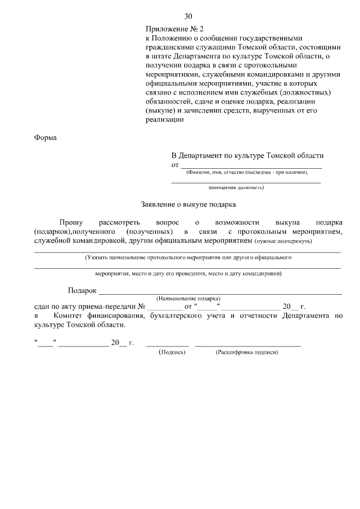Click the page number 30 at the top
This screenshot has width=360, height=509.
(188, 16)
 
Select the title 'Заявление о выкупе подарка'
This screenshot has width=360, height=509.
(188, 205)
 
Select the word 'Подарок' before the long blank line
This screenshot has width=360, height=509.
(82, 291)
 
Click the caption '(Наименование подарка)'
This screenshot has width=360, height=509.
(188, 298)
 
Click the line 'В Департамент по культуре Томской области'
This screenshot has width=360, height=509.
(247, 156)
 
